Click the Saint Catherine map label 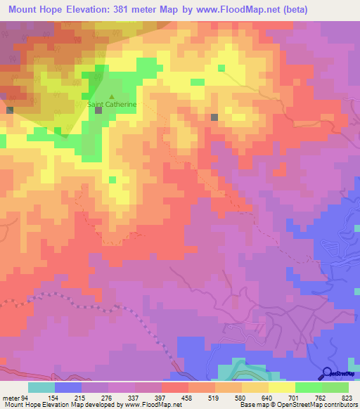(x=112, y=105)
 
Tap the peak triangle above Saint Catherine (x=112, y=97)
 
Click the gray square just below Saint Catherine (x=98, y=110)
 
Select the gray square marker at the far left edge (x=10, y=110)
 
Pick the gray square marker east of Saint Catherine (x=214, y=117)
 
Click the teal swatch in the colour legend (x=41, y=387)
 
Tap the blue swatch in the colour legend (x=68, y=387)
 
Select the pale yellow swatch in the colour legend (x=281, y=387)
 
